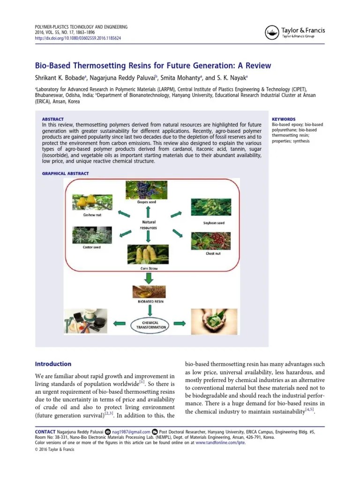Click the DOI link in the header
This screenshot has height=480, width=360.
click(x=78, y=38)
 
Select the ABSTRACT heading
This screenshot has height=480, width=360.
click(x=52, y=119)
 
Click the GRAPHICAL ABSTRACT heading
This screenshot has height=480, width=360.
click(x=65, y=173)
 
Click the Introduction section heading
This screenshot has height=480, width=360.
click(x=53, y=364)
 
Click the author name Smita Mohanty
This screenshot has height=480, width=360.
click(x=182, y=78)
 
